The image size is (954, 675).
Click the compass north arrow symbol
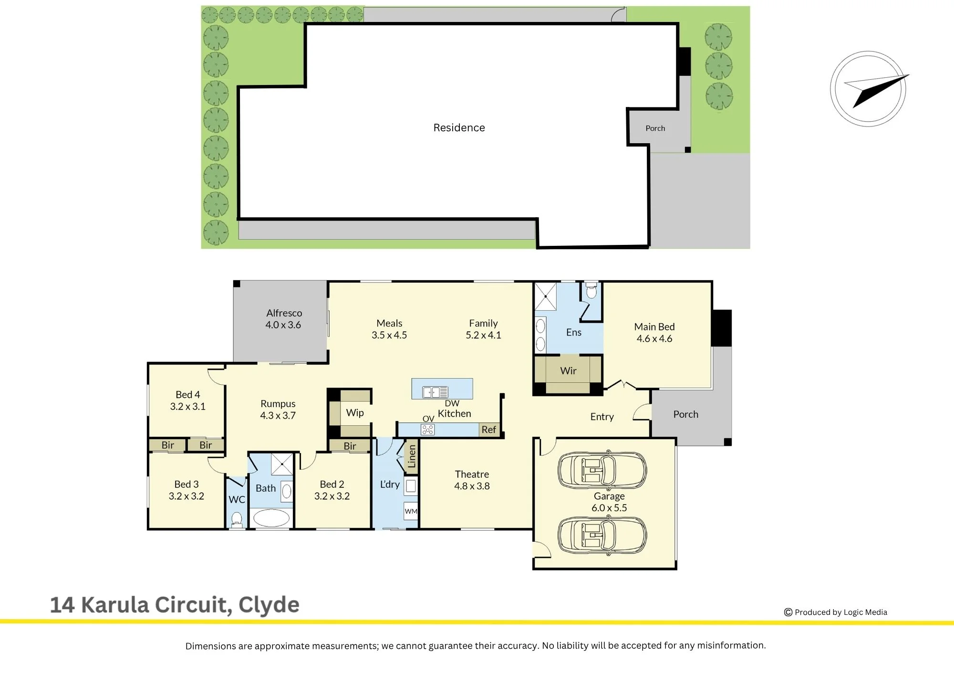[868, 89]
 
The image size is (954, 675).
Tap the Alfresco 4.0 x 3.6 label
[284, 319]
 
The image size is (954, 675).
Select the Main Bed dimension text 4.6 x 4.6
[654, 338]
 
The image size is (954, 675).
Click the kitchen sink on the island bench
[436, 392]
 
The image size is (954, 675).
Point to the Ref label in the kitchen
[488, 430]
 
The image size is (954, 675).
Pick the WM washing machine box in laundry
[411, 511]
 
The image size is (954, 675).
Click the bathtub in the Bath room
[271, 518]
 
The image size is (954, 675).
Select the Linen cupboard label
[412, 456]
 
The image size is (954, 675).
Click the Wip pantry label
[355, 412]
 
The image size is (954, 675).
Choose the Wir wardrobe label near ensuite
[568, 370]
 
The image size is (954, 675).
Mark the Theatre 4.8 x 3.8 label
[472, 480]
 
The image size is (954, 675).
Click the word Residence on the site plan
[459, 127]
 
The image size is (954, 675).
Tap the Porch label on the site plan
[655, 128]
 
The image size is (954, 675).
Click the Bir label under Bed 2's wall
[350, 446]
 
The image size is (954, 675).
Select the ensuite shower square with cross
[545, 296]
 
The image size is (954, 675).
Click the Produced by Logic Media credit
[836, 612]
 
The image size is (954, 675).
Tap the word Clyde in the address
[269, 605]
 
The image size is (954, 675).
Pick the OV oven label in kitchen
[428, 419]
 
